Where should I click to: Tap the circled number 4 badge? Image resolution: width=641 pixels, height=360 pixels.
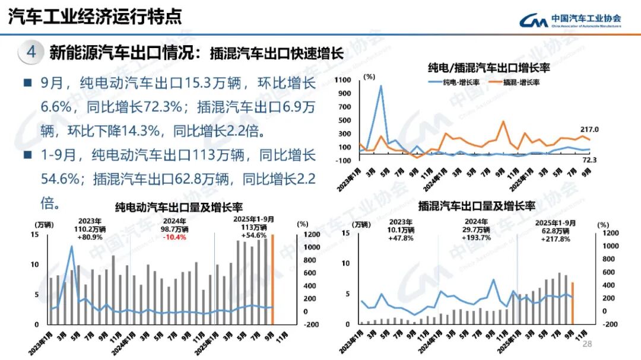[31, 53]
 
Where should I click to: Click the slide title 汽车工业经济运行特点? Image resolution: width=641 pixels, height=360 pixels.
[95, 17]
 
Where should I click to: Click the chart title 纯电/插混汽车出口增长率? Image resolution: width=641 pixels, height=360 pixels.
[488, 67]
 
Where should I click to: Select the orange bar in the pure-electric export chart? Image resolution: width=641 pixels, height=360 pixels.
[273, 280]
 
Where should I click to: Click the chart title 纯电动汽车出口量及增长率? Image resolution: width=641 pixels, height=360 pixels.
[179, 208]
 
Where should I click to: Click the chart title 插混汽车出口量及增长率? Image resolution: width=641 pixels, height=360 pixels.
[477, 207]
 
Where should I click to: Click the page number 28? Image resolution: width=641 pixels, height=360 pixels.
[588, 345]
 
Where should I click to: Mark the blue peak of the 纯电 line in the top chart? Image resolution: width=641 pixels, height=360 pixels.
[380, 86]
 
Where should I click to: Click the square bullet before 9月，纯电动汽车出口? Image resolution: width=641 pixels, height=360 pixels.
[27, 83]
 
